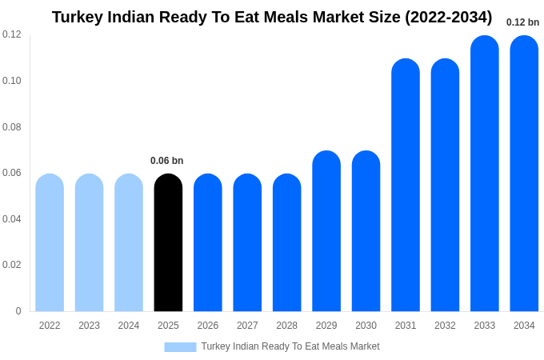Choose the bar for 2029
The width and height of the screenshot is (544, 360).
pos(326,231)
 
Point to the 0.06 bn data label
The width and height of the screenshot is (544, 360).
pos(167,161)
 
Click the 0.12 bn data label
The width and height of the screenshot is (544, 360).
pos(522,22)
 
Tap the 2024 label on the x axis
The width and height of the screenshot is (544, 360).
pos(129,326)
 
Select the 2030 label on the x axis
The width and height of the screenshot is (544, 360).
pos(366,326)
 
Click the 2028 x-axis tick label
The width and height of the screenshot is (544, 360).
pos(286,326)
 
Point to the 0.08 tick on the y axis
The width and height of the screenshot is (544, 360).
pos(12,127)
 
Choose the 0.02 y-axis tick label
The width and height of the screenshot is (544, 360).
pos(12,265)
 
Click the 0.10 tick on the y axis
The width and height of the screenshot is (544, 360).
pos(12,81)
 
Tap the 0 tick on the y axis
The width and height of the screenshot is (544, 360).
pos(18,311)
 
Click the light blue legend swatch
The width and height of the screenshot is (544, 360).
pos(180,346)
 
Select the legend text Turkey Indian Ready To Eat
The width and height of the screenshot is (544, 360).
pos(264,346)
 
